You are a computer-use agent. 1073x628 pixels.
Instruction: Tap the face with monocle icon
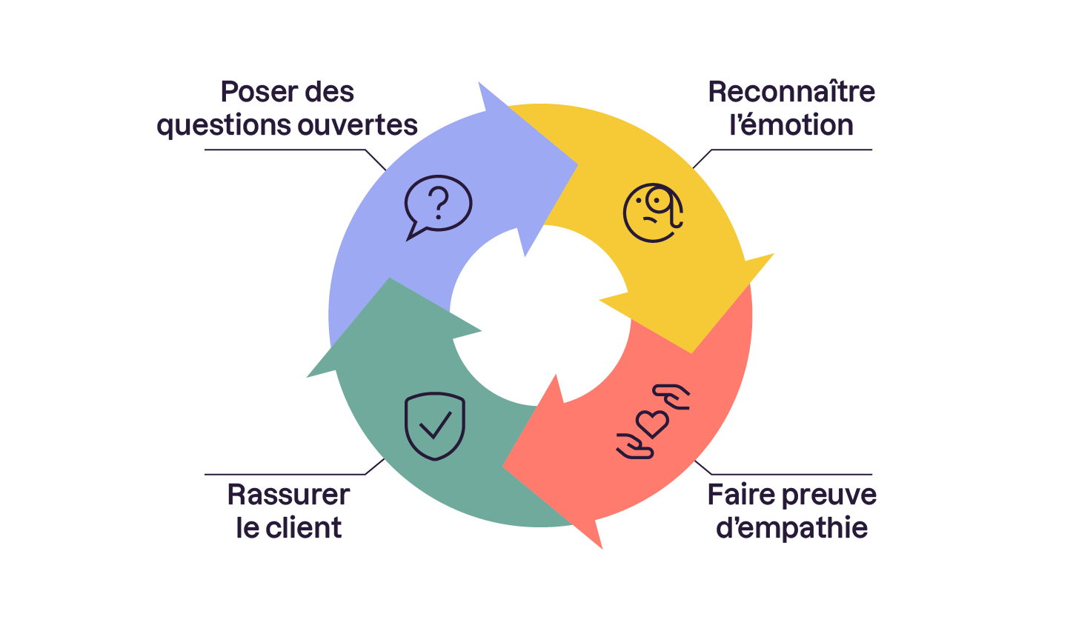(652, 214)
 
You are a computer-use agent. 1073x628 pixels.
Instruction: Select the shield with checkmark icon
(435, 427)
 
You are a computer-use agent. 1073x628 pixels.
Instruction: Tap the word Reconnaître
(791, 92)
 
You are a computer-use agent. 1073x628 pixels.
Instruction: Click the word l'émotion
(791, 125)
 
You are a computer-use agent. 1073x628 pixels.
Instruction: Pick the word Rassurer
(288, 495)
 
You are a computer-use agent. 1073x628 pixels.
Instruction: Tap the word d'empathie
(791, 528)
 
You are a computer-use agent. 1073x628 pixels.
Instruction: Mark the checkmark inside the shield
(435, 425)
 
